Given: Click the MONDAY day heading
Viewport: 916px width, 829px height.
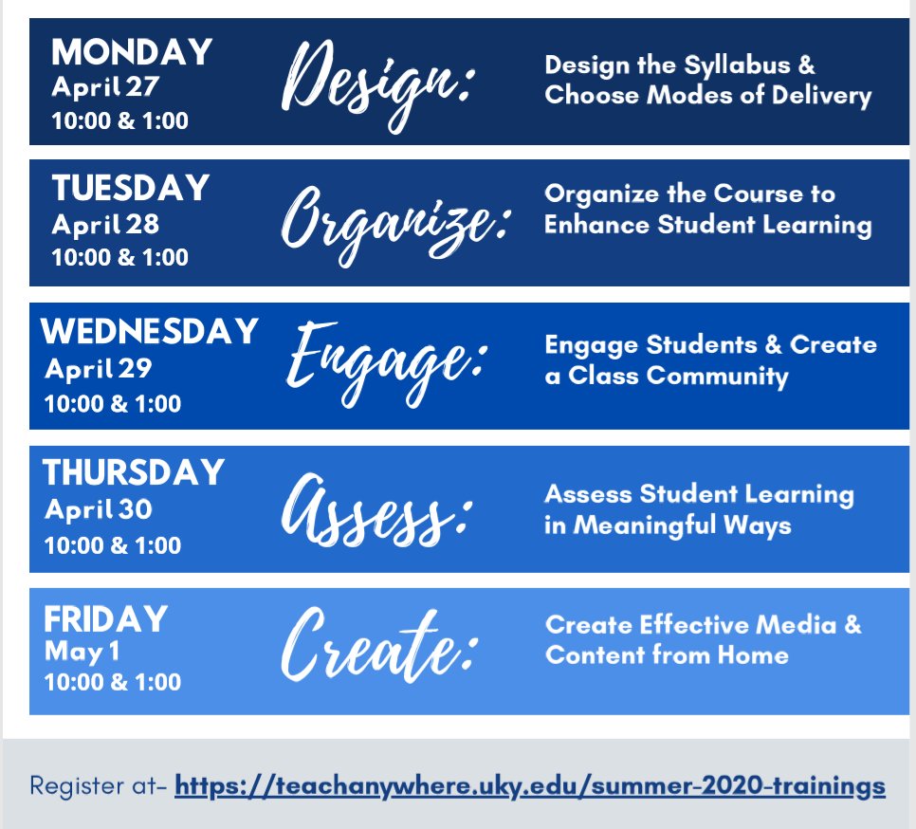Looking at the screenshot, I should (x=132, y=52).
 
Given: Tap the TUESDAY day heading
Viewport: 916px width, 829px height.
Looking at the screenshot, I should (x=130, y=188).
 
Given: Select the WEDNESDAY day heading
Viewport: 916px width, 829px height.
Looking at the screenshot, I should (x=150, y=331).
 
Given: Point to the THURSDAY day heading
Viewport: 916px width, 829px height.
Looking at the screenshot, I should (x=134, y=472).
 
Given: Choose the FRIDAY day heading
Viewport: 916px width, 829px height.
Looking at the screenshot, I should (x=105, y=619).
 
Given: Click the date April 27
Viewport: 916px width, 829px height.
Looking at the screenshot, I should (x=105, y=87).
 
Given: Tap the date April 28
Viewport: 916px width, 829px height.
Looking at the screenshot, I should (x=105, y=226).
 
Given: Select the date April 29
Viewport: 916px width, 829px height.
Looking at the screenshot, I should (x=99, y=368).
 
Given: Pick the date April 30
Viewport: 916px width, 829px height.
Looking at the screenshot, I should (x=99, y=509).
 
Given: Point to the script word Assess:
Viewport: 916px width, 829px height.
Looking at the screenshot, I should (x=376, y=508).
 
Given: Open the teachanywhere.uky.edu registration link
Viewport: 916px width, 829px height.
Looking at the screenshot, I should (x=530, y=786).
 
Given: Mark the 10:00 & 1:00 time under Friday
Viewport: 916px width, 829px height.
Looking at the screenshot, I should (x=113, y=682).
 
